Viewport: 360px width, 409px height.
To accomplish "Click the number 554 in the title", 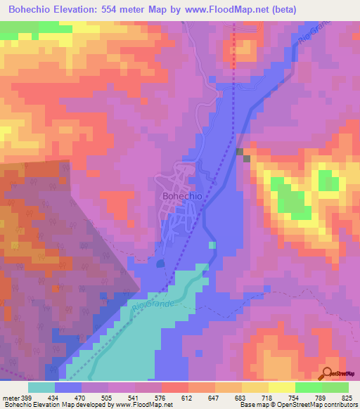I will pyautogui.click(x=132, y=9).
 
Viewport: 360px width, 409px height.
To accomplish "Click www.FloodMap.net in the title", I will pyautogui.click(x=229, y=9).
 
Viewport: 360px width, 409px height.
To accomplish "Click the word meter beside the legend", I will pyautogui.click(x=12, y=398).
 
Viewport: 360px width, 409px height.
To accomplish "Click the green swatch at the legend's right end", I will pyautogui.click(x=335, y=387).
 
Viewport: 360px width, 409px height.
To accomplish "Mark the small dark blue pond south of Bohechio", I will pyautogui.click(x=161, y=263).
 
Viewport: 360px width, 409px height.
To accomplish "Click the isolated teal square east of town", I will pyautogui.click(x=213, y=245).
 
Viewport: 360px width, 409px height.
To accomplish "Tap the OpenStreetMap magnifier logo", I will pyautogui.click(x=328, y=374).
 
